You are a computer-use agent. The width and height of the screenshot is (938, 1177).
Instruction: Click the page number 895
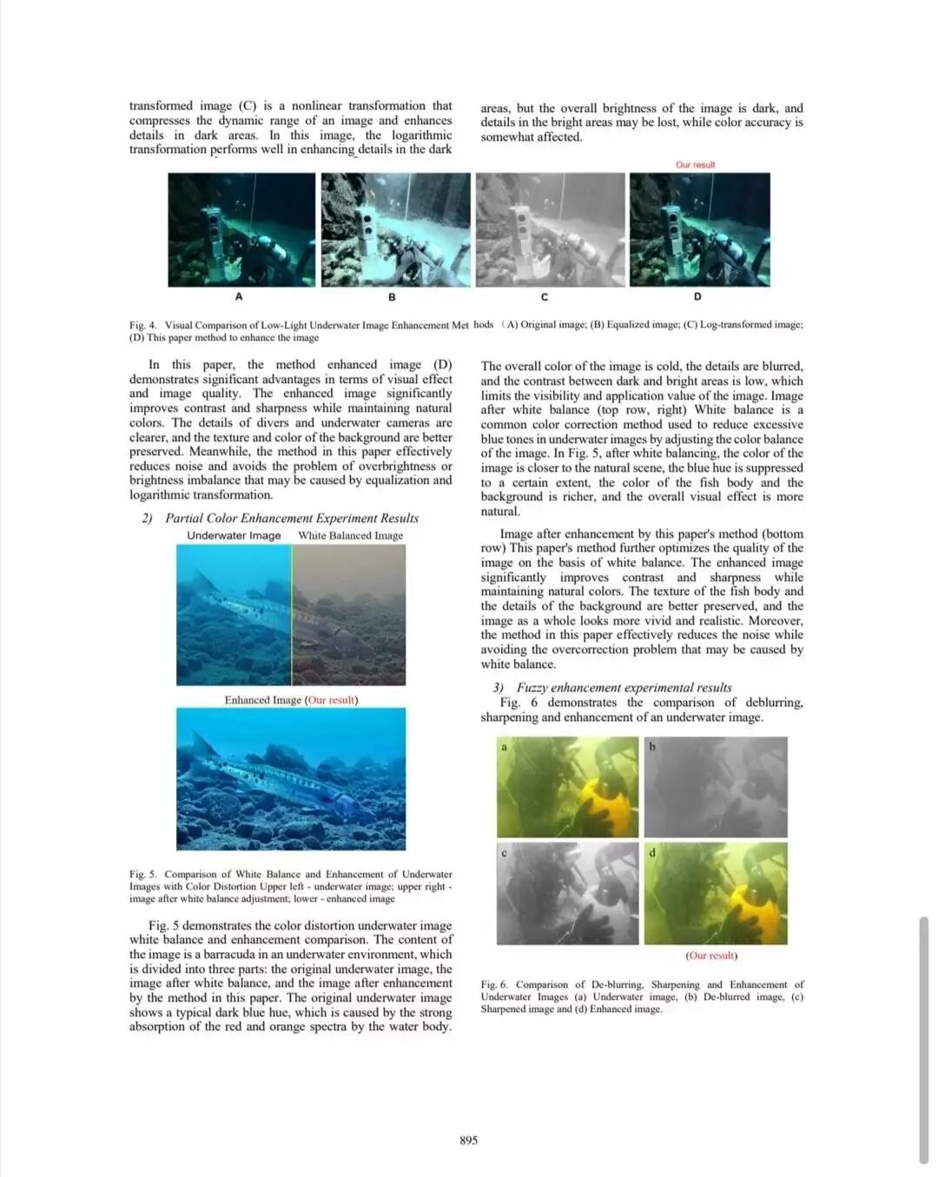[468, 1140]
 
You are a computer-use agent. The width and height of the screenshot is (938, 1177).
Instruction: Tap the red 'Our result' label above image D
[695, 164]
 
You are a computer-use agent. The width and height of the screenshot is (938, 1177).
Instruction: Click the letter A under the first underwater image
[239, 297]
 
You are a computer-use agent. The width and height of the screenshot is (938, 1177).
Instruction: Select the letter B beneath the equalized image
[392, 297]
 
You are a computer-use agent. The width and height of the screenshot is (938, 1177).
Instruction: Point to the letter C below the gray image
[545, 297]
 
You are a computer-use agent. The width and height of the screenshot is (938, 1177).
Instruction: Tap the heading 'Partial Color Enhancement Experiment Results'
[292, 518]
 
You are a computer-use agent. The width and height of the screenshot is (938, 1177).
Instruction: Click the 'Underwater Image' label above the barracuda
[234, 535]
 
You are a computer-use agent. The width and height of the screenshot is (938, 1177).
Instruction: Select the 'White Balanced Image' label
[350, 535]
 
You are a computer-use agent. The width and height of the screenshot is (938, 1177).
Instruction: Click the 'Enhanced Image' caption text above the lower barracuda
[263, 700]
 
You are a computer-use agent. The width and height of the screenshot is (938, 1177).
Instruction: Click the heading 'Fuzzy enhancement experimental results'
[624, 687]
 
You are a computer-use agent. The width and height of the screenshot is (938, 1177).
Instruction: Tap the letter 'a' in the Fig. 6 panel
[504, 747]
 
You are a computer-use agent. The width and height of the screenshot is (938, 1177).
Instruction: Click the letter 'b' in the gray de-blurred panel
[652, 747]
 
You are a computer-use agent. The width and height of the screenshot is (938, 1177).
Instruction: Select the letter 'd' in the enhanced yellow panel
[652, 852]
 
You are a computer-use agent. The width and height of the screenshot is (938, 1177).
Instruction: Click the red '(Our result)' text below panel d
[711, 955]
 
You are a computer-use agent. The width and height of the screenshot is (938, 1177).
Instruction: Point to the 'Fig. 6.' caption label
[495, 985]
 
